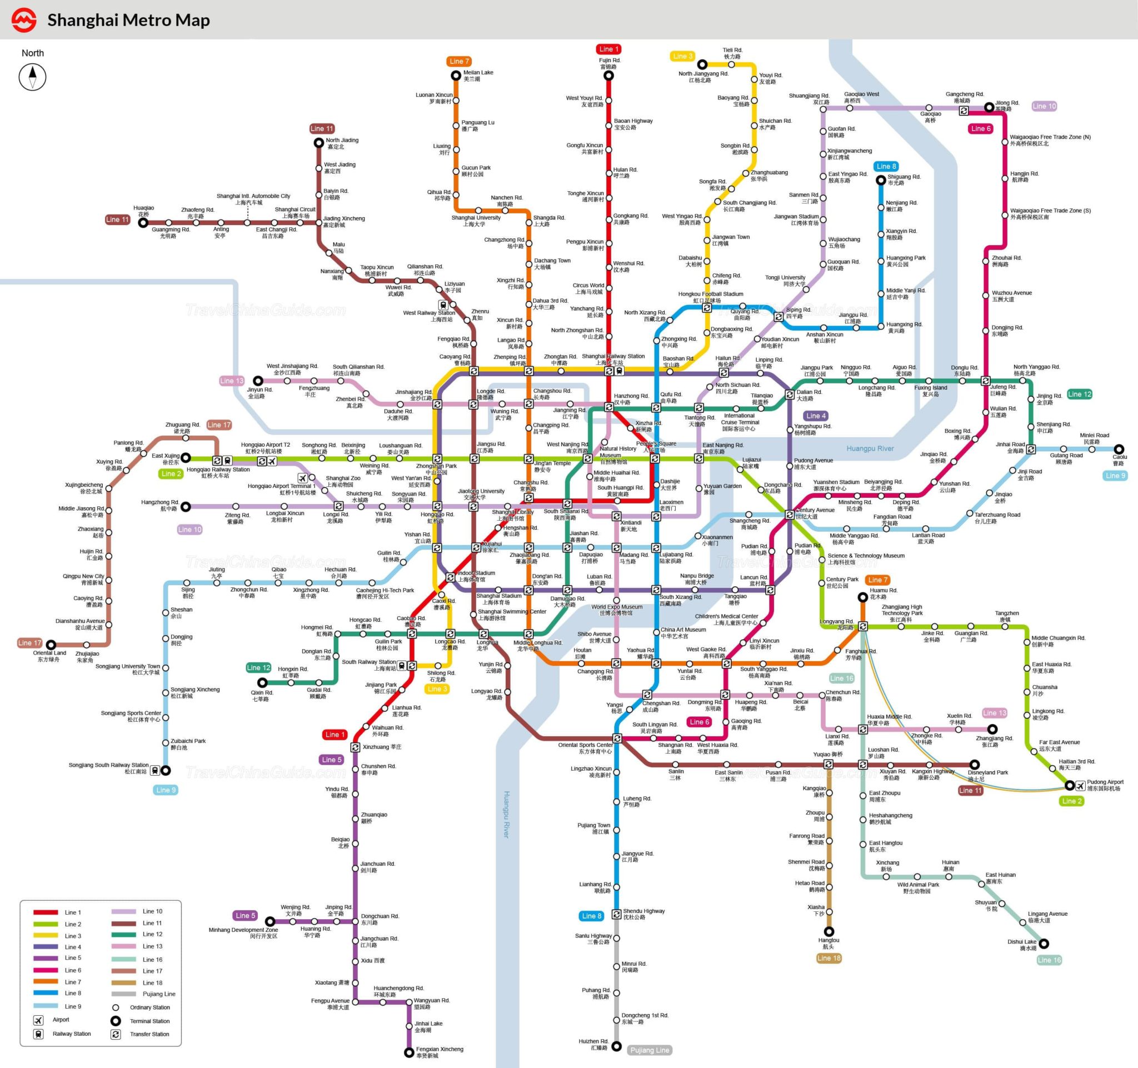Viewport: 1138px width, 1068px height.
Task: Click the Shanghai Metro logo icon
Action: pos(24,20)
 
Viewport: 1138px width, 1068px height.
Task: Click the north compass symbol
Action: pos(33,77)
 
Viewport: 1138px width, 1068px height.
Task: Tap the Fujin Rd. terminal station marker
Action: pos(608,75)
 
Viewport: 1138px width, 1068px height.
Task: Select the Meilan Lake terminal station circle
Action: pos(456,75)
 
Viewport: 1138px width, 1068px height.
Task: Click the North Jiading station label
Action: pos(342,144)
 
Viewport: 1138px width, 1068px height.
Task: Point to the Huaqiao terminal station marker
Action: pos(143,223)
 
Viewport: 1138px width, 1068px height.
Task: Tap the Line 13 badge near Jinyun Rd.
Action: pos(232,381)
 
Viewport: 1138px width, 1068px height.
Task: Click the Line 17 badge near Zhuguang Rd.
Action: pos(219,425)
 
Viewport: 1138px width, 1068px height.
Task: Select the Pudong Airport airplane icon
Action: pos(1080,785)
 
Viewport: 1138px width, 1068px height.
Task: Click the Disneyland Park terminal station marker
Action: pos(974,765)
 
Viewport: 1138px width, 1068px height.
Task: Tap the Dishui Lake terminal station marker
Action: pos(1044,943)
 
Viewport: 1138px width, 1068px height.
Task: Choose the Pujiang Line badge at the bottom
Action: pos(649,1050)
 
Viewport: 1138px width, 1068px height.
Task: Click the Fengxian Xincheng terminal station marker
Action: pos(409,1052)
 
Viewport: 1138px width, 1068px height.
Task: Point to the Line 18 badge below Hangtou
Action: pos(829,958)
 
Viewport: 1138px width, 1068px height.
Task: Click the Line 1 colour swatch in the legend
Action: pos(45,912)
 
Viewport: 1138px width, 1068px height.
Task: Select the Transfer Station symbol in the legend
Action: pos(116,1034)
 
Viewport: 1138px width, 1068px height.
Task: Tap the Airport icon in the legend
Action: pos(38,1020)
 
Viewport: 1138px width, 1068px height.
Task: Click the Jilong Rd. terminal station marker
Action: pos(989,107)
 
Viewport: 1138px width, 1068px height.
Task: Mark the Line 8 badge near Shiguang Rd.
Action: pos(886,166)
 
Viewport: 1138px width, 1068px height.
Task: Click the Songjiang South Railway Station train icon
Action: pos(154,770)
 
